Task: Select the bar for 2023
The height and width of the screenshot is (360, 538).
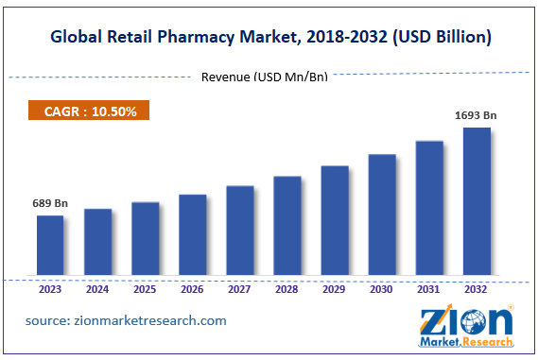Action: pyautogui.click(x=50, y=247)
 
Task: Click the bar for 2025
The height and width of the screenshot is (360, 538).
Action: pyautogui.click(x=145, y=240)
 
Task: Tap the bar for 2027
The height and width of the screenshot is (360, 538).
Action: pyautogui.click(x=240, y=231)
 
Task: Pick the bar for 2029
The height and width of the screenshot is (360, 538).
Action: pyautogui.click(x=335, y=222)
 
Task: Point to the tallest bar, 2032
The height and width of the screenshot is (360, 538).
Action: pyautogui.click(x=477, y=202)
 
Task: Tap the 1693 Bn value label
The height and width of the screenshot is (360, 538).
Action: pyautogui.click(x=476, y=116)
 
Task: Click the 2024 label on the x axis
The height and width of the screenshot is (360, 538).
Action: pyautogui.click(x=97, y=290)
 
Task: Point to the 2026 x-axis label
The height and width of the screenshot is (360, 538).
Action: pyautogui.click(x=192, y=290)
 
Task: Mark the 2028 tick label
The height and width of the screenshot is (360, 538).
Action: pyautogui.click(x=287, y=290)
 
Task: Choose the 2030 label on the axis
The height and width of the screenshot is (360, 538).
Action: pyautogui.click(x=382, y=290)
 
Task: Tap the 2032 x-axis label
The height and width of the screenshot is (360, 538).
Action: pyautogui.click(x=477, y=290)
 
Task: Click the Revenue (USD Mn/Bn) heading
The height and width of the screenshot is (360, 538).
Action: pyautogui.click(x=265, y=77)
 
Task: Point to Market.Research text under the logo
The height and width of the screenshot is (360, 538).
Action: pyautogui.click(x=465, y=342)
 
